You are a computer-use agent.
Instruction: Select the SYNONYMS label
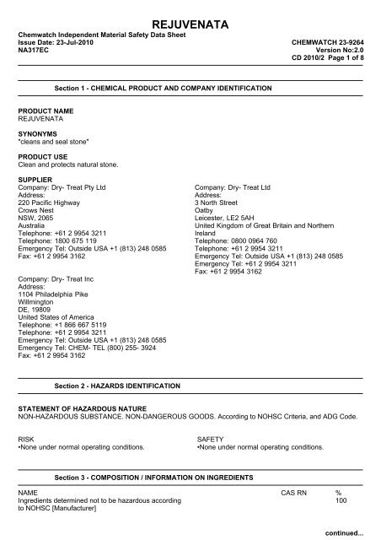[38, 133]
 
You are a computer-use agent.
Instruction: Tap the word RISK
[27, 440]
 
